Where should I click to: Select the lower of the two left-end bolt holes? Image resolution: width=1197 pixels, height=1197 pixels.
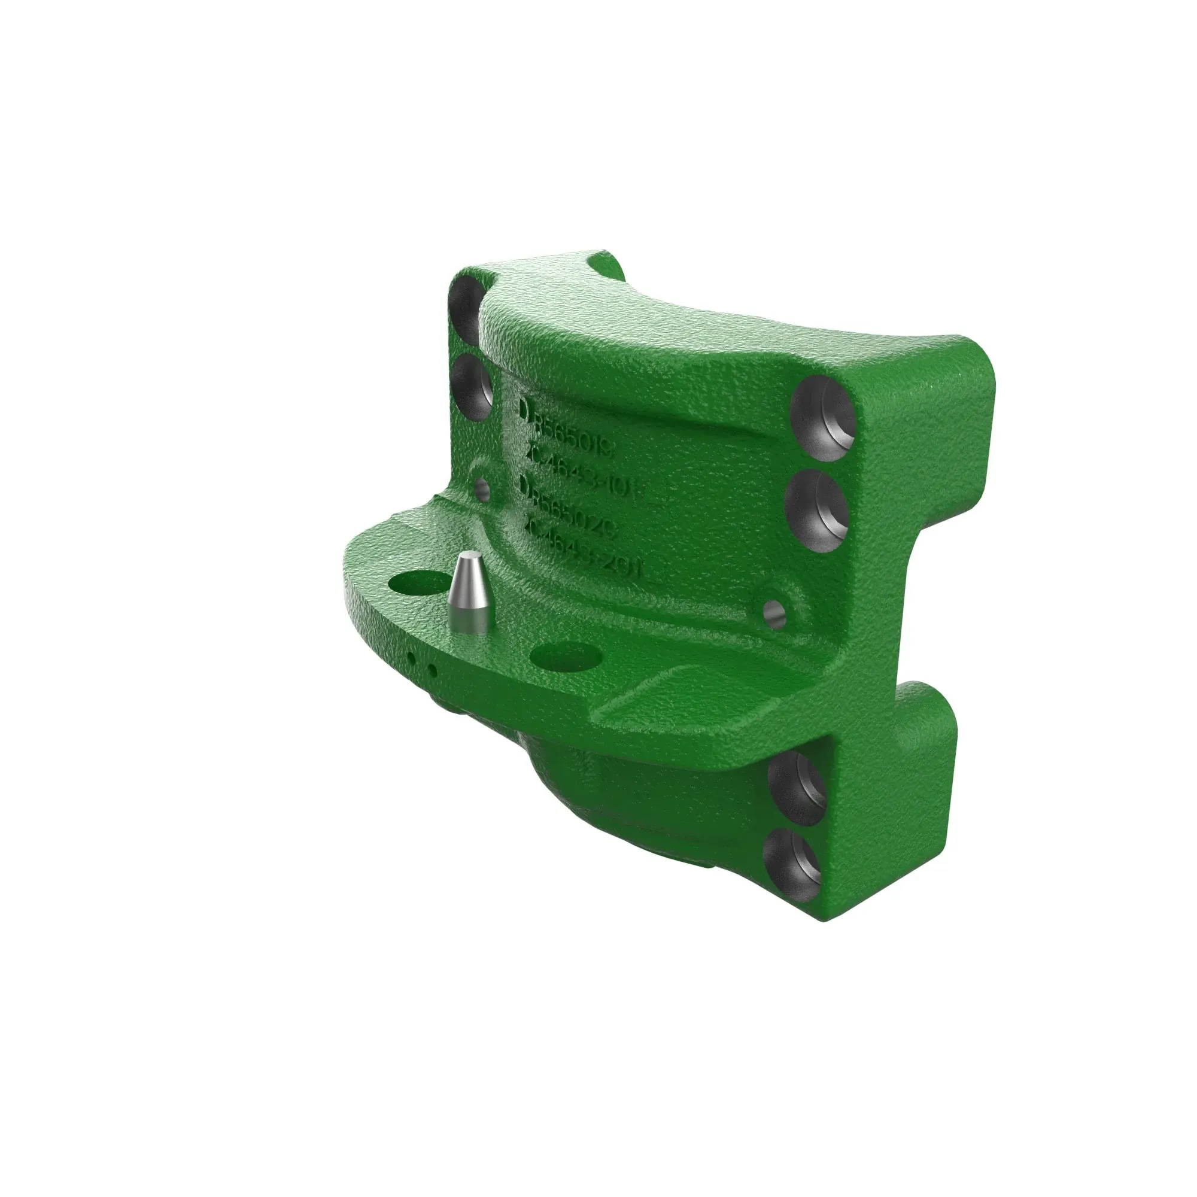pyautogui.click(x=472, y=387)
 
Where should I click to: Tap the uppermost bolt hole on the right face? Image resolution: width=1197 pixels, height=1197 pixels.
pyautogui.click(x=823, y=417)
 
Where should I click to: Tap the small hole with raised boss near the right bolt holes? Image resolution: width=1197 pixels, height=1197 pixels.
pyautogui.click(x=774, y=614)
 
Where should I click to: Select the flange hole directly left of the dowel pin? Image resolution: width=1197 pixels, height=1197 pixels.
pyautogui.click(x=419, y=584)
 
